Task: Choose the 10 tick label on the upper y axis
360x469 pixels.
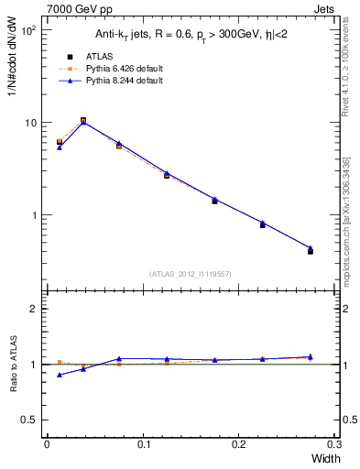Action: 30,123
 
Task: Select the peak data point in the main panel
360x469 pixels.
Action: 83,120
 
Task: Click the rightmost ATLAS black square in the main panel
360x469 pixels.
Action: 311,250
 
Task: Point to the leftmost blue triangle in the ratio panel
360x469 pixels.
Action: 60,375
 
